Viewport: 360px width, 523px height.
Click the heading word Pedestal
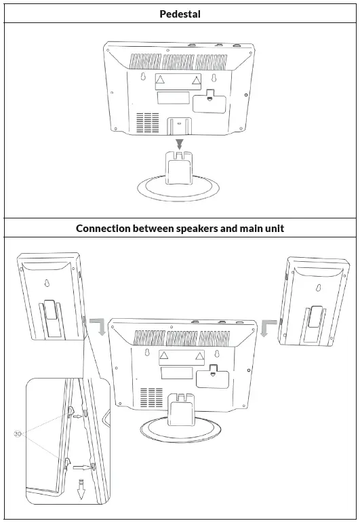point(180,14)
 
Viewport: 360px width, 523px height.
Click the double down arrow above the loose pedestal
point(179,144)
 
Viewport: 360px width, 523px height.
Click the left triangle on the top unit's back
point(160,81)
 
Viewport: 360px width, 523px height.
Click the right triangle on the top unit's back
point(196,81)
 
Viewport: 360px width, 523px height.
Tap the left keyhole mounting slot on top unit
point(144,77)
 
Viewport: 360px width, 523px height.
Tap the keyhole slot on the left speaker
point(46,285)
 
